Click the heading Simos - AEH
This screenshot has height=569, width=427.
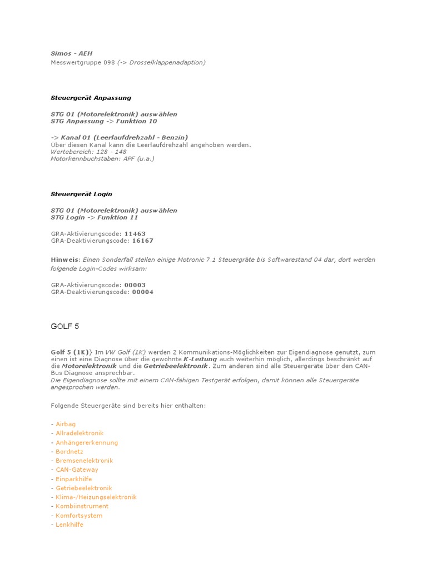point(64,53)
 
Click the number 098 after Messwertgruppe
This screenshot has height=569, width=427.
point(109,63)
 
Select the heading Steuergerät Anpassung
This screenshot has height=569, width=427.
point(91,98)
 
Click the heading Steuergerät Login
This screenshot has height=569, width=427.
point(81,194)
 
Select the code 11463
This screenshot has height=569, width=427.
point(135,234)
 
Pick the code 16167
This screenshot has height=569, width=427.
point(142,241)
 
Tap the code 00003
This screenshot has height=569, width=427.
point(135,285)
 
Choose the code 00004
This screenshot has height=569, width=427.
point(142,292)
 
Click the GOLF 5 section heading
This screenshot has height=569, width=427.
point(65,326)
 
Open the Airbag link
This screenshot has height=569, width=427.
point(66,424)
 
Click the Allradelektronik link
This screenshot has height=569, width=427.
point(80,433)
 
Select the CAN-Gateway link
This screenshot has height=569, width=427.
point(77,470)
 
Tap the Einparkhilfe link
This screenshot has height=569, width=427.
point(74,479)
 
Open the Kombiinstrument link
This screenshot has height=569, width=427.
point(82,506)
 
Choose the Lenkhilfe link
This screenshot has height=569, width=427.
point(69,525)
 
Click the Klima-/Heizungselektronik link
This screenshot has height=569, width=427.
point(96,497)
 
